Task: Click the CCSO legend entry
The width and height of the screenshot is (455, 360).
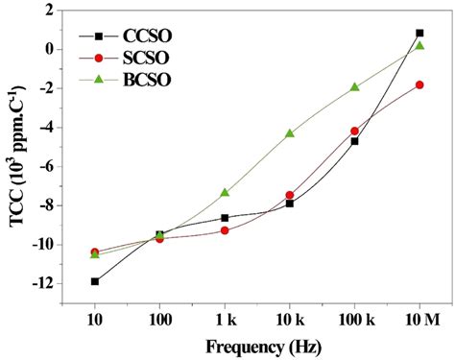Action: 125,37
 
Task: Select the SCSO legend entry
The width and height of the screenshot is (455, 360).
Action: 125,58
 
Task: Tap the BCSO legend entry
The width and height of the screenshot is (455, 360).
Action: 125,79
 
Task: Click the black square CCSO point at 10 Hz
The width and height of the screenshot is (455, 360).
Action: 95,281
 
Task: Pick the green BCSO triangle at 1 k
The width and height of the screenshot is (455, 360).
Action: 225,193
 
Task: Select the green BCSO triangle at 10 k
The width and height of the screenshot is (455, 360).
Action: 290,133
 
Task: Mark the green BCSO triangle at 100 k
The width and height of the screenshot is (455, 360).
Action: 355,87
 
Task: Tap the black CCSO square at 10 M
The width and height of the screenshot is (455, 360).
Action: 419,33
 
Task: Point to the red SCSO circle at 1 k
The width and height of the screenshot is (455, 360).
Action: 225,230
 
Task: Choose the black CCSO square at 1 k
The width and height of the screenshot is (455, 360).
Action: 225,218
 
